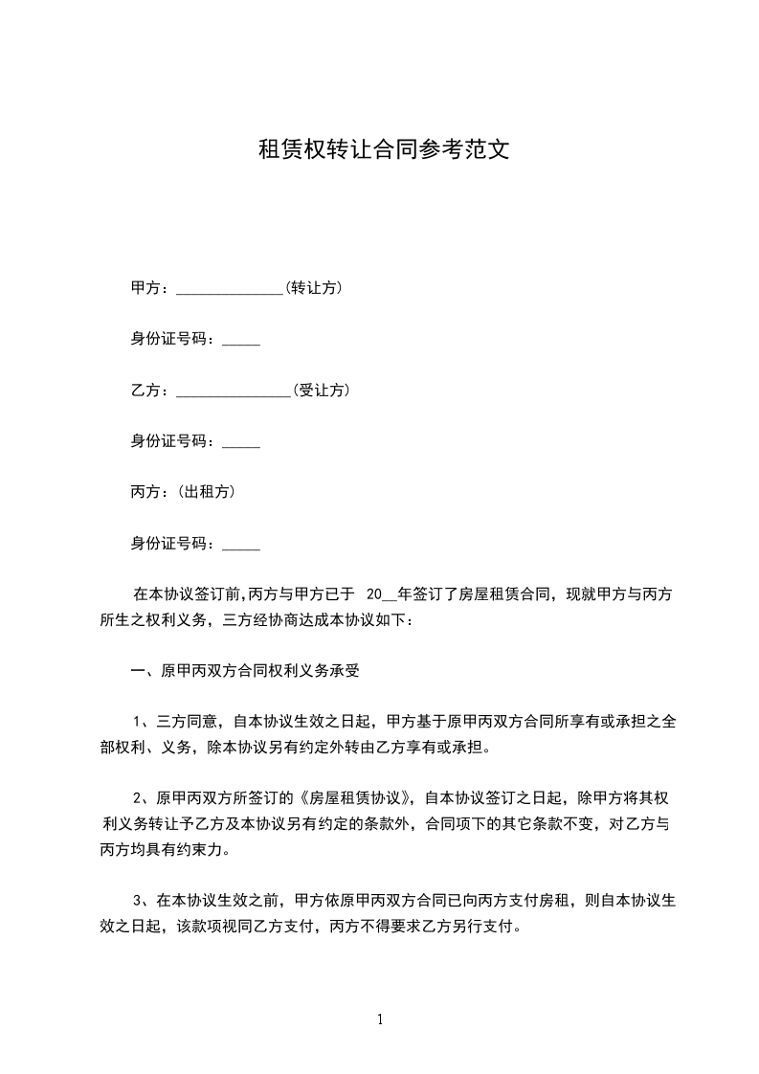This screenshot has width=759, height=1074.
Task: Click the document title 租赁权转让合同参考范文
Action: coord(379,150)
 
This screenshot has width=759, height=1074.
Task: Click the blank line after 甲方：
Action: coord(230,290)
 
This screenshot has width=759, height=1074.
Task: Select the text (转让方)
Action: coord(314,287)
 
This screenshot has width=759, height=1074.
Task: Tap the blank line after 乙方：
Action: coord(234,392)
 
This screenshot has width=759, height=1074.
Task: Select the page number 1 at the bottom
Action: coord(380,1019)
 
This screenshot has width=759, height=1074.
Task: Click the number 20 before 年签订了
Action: coord(374,594)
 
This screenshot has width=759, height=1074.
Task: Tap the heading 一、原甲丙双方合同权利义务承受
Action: coord(245,671)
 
